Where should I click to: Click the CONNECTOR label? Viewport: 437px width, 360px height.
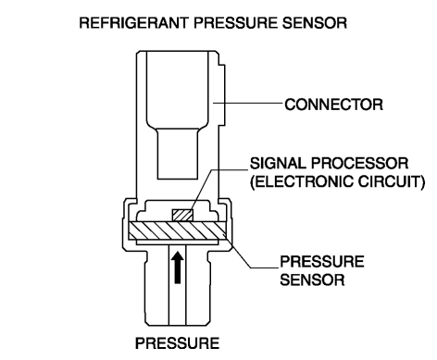coord(333,105)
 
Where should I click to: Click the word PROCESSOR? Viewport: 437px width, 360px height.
coord(359,164)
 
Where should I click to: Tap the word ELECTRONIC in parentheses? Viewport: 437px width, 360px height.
coord(302,181)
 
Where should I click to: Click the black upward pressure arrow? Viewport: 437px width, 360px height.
coord(177,267)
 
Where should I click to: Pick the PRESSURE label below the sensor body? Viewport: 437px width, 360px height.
coord(177,343)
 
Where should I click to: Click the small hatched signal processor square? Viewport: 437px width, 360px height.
coord(182,215)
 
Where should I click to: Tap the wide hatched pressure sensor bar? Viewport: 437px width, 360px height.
coord(177,230)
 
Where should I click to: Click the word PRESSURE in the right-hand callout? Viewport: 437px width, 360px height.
coord(322,262)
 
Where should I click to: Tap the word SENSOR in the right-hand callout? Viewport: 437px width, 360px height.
coord(312,279)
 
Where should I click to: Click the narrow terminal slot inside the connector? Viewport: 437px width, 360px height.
coord(178,154)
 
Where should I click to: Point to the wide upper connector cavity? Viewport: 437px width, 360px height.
coord(178,90)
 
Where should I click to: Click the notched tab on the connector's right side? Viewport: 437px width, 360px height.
coord(222,94)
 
